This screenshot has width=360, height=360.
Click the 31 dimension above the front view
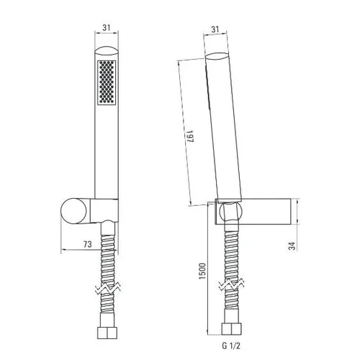[107, 27]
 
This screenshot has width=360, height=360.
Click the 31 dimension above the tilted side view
[215, 30]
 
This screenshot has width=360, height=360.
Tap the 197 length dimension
[189, 136]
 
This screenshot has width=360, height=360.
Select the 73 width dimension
[88, 244]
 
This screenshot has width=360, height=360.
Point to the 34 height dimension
[292, 246]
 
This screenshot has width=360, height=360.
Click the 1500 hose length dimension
[202, 271]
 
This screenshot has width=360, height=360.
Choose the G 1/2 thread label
[231, 346]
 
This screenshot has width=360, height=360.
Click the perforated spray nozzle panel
[107, 82]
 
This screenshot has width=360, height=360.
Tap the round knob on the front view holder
[73, 211]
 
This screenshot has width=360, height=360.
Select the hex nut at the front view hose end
[107, 332]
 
